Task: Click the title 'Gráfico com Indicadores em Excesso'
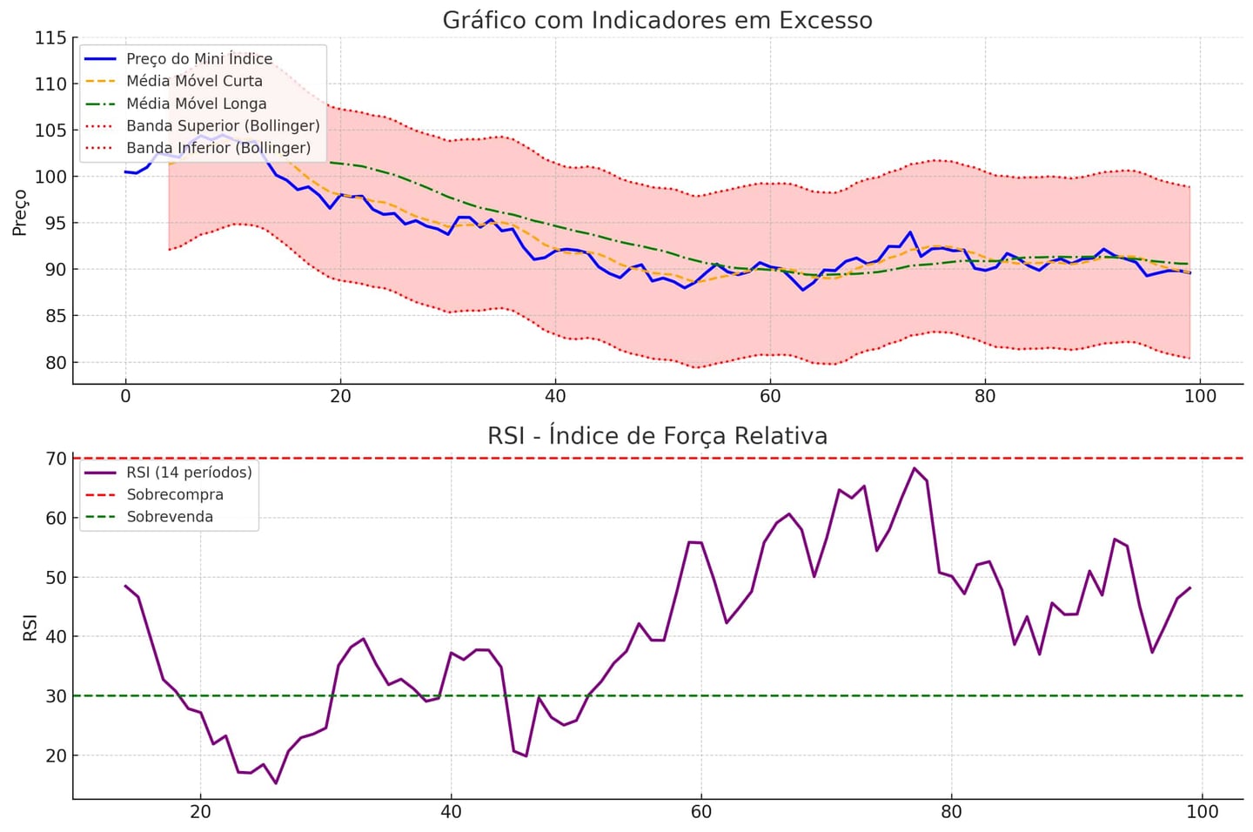[x=657, y=20]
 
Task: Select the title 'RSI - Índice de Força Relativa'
[x=657, y=435]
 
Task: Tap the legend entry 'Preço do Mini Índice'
[x=199, y=58]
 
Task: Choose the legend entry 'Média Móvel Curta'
[x=194, y=81]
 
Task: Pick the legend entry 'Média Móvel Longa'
[x=197, y=104]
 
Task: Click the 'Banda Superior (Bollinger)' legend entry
[x=223, y=125]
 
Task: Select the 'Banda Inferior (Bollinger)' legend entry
[x=218, y=148]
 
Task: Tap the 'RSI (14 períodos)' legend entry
[x=189, y=472]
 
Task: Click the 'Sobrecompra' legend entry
[x=175, y=494]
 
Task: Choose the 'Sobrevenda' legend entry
[x=170, y=517]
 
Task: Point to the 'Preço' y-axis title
[x=19, y=212]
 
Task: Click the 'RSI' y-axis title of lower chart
[x=30, y=627]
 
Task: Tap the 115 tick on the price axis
[x=50, y=38]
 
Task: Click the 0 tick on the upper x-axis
[x=125, y=397]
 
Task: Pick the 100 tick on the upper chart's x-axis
[x=1200, y=397]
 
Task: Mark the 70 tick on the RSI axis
[x=55, y=459]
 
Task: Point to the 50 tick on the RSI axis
[x=55, y=577]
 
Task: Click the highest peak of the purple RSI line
[x=914, y=468]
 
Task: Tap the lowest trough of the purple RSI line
[x=276, y=783]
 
